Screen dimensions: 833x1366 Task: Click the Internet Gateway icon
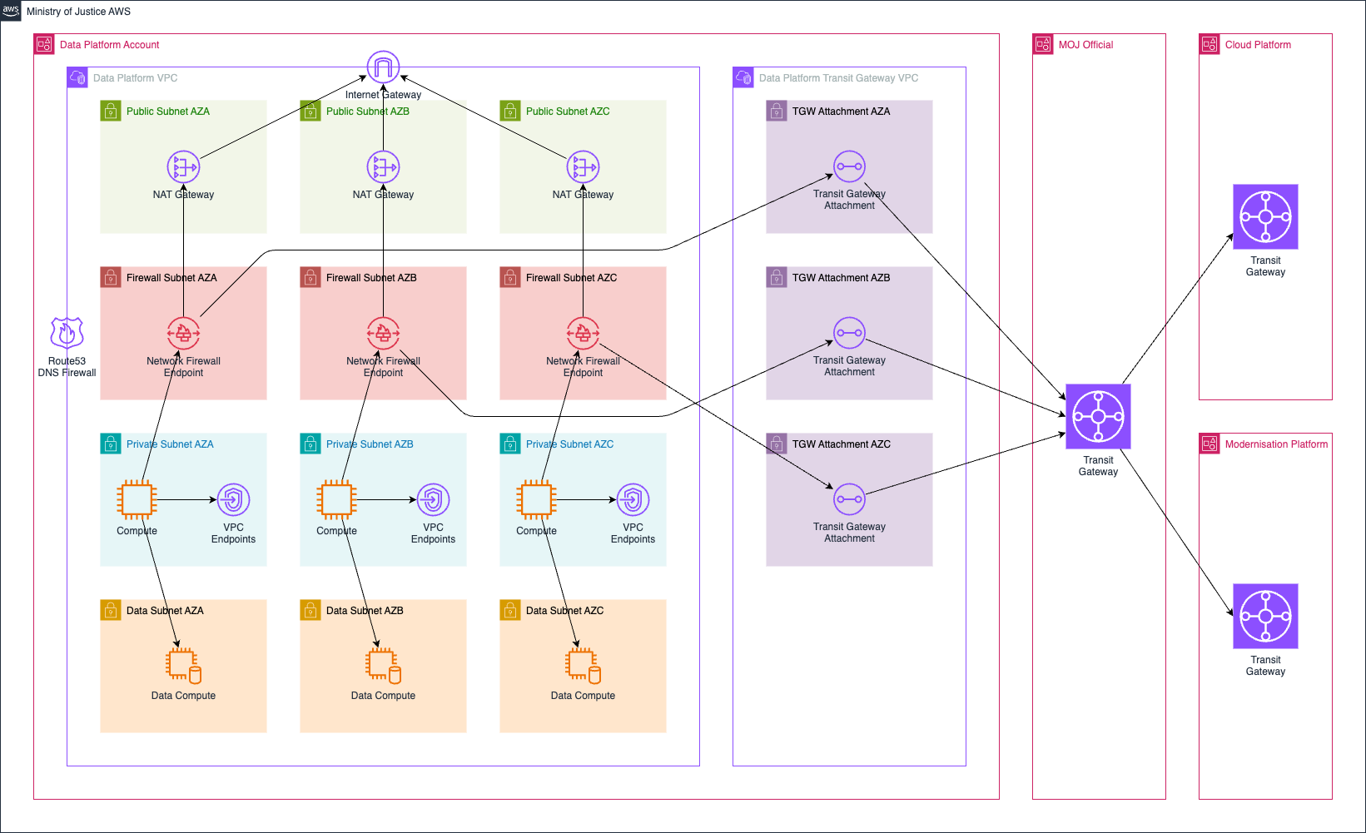click(383, 67)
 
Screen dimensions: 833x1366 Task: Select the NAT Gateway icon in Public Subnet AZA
click(183, 167)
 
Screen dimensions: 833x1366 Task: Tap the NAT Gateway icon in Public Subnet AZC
click(583, 167)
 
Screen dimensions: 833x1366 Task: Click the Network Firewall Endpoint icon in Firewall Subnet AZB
click(383, 334)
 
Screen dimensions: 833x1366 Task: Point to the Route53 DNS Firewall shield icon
click(67, 333)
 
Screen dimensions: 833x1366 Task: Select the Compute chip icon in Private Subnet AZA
click(137, 499)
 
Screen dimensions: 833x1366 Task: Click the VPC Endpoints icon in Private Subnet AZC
click(633, 499)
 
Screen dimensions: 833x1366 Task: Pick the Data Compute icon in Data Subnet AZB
click(383, 666)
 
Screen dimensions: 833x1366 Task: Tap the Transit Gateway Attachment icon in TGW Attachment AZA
click(849, 166)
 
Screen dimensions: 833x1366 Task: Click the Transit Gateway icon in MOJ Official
click(1098, 416)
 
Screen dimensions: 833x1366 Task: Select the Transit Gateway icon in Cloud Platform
click(1265, 216)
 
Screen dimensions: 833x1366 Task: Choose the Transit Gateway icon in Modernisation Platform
click(1265, 616)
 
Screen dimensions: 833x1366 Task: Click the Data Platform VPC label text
click(135, 78)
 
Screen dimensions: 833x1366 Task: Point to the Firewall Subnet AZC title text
click(571, 278)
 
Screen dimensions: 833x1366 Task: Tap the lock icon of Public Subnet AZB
click(310, 112)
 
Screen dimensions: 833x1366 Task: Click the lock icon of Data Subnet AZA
click(111, 611)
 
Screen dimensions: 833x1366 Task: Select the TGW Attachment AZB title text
click(841, 278)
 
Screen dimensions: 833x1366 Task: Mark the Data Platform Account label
click(109, 45)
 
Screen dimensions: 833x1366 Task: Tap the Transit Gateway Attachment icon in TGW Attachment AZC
click(849, 499)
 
